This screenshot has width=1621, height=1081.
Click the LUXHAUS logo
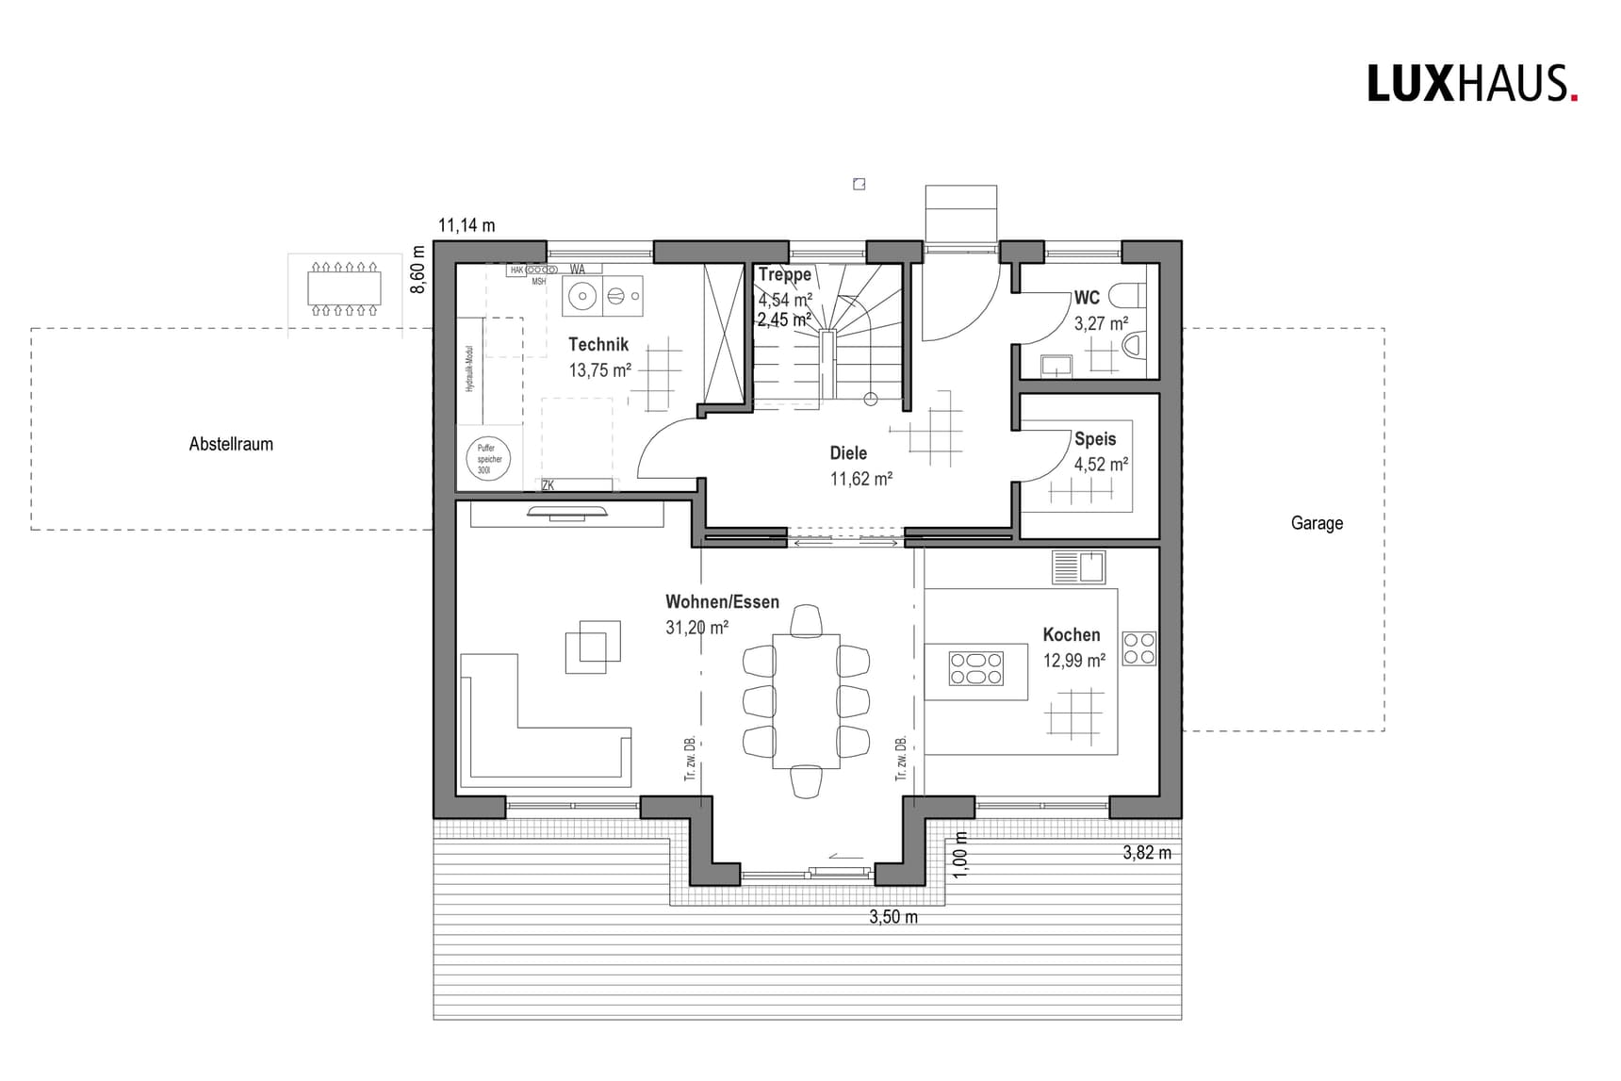tap(1471, 84)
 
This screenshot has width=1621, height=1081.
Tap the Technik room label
tap(598, 345)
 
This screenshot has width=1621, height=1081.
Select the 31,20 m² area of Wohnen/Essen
tap(696, 628)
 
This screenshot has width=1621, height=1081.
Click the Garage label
tap(1317, 523)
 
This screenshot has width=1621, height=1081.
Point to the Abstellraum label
tap(231, 444)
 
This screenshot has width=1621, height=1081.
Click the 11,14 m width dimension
tap(467, 225)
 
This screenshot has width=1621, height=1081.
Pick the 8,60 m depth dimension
tap(418, 269)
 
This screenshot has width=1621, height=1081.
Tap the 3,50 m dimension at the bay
tap(892, 917)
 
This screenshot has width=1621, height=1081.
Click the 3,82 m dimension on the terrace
tap(1147, 853)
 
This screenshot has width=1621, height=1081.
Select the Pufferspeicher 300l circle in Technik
tap(488, 459)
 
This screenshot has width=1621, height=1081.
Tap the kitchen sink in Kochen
tap(1079, 567)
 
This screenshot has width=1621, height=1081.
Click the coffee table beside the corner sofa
tap(593, 647)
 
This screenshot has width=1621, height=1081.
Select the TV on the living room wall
tap(568, 513)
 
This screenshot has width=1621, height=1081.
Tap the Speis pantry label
tap(1095, 439)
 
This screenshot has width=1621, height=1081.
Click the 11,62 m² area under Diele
tap(860, 479)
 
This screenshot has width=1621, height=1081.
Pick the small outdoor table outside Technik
tap(344, 288)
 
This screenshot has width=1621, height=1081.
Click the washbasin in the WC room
tap(1056, 365)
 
